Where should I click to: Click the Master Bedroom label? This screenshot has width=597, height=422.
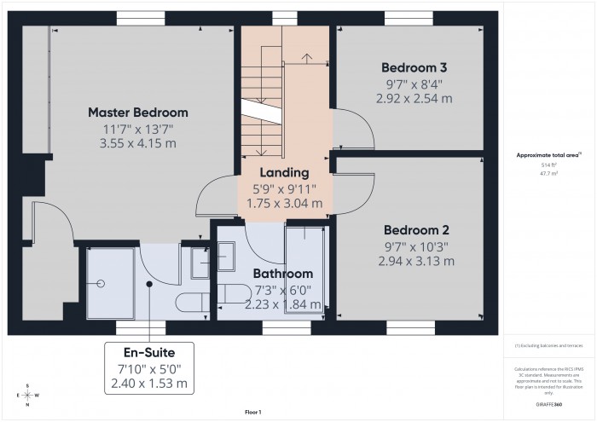(138, 113)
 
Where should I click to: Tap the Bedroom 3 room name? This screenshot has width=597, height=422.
(414, 67)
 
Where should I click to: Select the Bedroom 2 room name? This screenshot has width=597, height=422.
(415, 230)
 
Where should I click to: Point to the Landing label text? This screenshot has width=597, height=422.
(285, 172)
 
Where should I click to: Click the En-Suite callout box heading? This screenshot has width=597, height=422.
(149, 352)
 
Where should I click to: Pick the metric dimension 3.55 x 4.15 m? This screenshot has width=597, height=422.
(138, 143)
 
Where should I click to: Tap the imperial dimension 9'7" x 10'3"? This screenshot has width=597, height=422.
(415, 246)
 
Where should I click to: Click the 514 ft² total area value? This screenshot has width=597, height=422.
(548, 165)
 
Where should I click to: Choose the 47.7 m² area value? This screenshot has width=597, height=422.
(548, 174)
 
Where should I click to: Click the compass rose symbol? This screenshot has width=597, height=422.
(28, 396)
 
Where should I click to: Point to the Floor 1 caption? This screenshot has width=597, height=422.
(252, 412)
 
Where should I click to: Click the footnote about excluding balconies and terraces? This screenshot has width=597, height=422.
(548, 345)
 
